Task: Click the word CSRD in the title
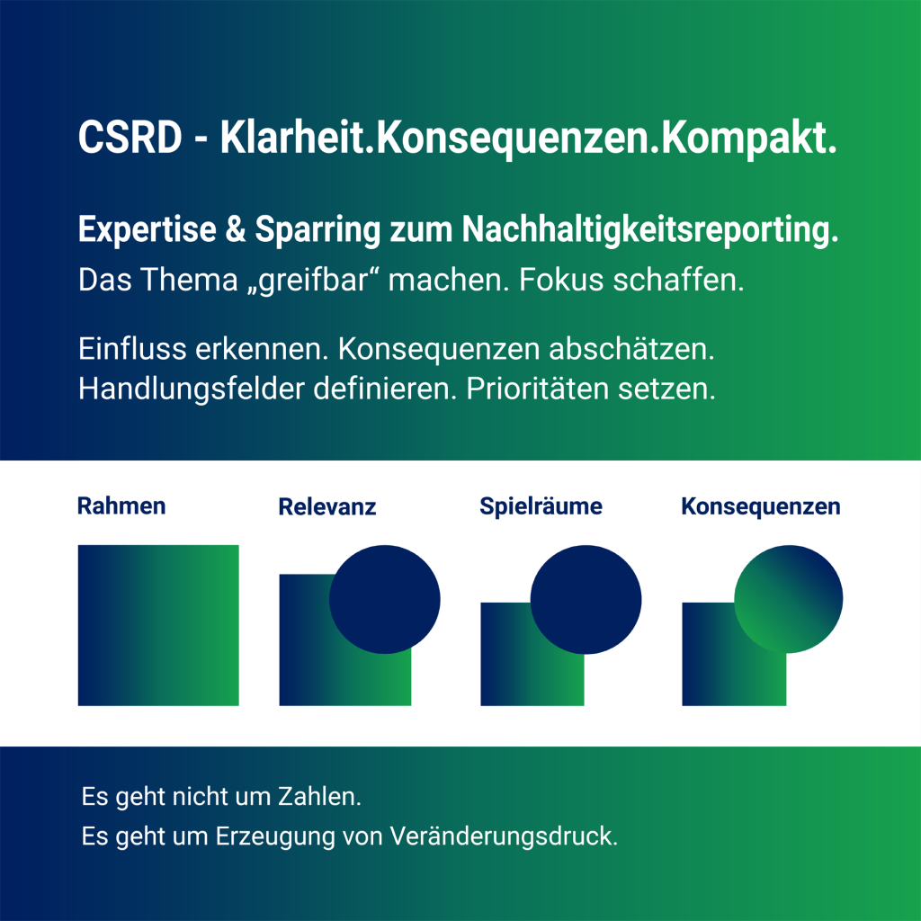[130, 138]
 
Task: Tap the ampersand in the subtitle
[236, 228]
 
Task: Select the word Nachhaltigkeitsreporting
[649, 229]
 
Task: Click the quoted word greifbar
[314, 280]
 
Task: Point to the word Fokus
[561, 280]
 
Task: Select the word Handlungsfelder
[191, 389]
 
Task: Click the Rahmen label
[121, 505]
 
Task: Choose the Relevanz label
[327, 506]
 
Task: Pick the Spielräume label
[541, 506]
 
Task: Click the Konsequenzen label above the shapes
[761, 506]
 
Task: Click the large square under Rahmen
[158, 626]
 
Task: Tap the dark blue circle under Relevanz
[385, 599]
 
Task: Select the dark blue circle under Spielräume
[586, 599]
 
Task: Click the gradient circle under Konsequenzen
[788, 599]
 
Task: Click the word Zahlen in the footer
[319, 797]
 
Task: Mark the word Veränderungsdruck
[504, 836]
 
